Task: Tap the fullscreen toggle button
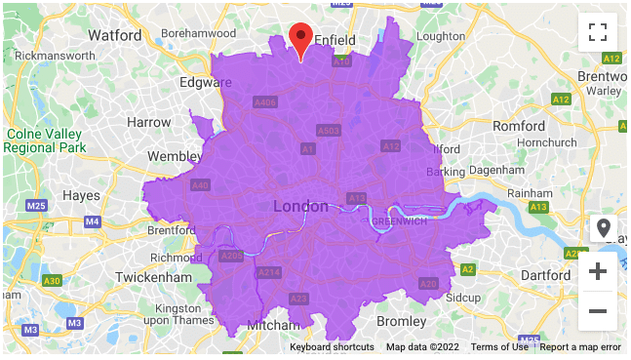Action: pyautogui.click(x=598, y=31)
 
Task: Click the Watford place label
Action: pyautogui.click(x=115, y=35)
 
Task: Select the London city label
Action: pyautogui.click(x=301, y=206)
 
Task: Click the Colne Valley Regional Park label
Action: pyautogui.click(x=44, y=140)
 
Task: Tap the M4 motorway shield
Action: pyautogui.click(x=93, y=222)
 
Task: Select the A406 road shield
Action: pyautogui.click(x=264, y=102)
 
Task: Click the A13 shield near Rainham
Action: pyautogui.click(x=537, y=207)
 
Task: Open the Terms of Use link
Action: pyautogui.click(x=498, y=347)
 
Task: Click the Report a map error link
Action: pyautogui.click(x=580, y=347)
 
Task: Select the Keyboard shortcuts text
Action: pyautogui.click(x=332, y=347)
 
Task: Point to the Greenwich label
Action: pyautogui.click(x=401, y=221)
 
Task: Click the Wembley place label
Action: pyautogui.click(x=175, y=156)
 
